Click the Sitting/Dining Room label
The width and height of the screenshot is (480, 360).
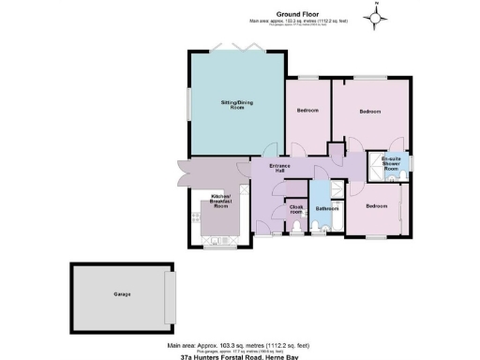232,105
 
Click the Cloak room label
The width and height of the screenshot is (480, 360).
296,208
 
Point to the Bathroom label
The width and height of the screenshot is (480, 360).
327,208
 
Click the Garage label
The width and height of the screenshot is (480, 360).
122,294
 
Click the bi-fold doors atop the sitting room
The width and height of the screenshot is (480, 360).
231,49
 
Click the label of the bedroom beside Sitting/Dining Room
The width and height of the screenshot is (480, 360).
307,111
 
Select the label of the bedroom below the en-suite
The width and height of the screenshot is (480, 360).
376,205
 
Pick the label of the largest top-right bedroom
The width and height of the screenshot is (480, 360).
369,112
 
